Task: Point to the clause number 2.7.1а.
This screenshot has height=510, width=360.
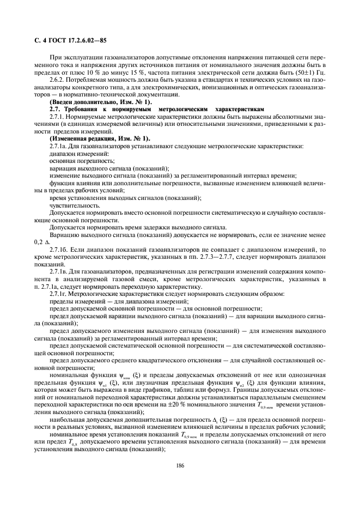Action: point(59,146)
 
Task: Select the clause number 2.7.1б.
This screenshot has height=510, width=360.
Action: point(59,249)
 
